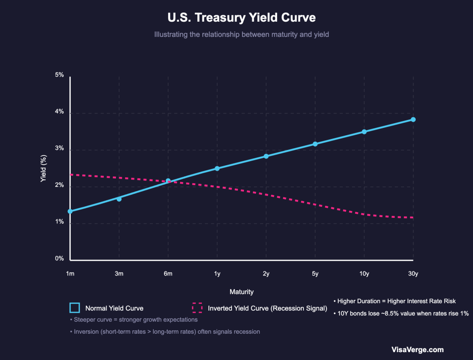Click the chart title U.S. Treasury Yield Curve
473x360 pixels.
(241, 18)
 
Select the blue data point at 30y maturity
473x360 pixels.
(413, 120)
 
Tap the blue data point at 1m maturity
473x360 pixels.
(70, 211)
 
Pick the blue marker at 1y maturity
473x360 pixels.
(217, 168)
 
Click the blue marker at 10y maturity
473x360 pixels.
(364, 132)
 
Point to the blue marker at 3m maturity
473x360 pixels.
(119, 199)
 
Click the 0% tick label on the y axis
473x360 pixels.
(59, 259)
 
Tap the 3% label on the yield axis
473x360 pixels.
(59, 148)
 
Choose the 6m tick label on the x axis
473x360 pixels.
(168, 274)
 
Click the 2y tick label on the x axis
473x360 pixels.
(266, 274)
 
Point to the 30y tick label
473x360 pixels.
(413, 274)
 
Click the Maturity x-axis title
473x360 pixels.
(241, 292)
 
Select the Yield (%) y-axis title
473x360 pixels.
(44, 168)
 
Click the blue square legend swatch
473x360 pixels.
(75, 308)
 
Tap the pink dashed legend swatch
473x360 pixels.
(197, 308)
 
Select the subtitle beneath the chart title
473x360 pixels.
(241, 35)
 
